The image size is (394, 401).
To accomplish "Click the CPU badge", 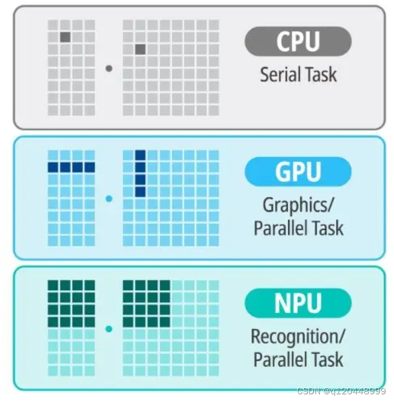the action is tap(298, 42).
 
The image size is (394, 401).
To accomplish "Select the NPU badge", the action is tap(298, 303).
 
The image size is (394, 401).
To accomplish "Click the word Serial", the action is tap(279, 74).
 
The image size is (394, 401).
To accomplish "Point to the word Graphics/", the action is tap(298, 205).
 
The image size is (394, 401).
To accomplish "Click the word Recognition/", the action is tap(298, 337).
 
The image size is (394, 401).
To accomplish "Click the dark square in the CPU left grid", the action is tap(65, 37).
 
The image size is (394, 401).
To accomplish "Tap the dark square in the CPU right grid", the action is tap(140, 49).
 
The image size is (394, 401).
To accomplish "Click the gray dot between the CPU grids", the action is tap(109, 68).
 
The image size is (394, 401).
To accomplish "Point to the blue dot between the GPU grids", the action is tap(109, 199).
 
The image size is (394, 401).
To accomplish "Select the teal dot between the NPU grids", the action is tap(109, 329).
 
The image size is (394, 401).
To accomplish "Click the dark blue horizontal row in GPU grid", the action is tap(71, 167).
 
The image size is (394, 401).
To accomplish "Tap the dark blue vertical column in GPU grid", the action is tap(140, 173).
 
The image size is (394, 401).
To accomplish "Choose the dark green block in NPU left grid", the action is tap(71, 304).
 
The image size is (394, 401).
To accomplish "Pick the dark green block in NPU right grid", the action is tap(146, 304).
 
